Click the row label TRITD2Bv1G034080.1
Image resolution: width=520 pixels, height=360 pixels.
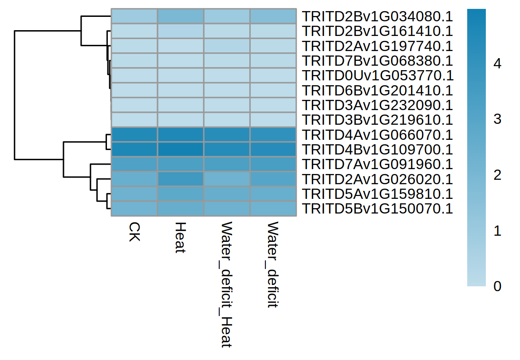(x=377, y=17)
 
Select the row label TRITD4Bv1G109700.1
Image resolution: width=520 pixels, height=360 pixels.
(x=377, y=149)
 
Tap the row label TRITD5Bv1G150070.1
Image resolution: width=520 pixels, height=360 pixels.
(x=377, y=208)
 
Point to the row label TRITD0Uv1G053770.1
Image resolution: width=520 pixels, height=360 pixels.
(x=377, y=75)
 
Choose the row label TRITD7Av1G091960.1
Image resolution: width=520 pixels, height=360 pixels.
(x=377, y=164)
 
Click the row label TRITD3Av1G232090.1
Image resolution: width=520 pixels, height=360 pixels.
(x=377, y=105)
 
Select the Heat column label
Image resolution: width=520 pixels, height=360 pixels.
(x=180, y=237)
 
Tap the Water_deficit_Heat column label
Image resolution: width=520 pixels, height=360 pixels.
(x=227, y=284)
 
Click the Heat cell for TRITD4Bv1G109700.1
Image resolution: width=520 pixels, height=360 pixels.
(x=180, y=149)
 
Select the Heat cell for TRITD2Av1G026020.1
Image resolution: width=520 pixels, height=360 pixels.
(x=180, y=179)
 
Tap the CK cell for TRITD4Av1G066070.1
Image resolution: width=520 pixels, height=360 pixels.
(x=134, y=135)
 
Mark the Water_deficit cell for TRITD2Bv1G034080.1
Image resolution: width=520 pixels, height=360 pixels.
(x=273, y=16)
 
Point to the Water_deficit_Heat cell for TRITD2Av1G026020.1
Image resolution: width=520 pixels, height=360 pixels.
(x=227, y=179)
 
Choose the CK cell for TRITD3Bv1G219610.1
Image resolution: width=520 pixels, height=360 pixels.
(x=134, y=120)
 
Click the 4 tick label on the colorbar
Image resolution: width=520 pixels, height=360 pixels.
(x=497, y=64)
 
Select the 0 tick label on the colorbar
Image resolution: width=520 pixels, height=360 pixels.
(x=497, y=286)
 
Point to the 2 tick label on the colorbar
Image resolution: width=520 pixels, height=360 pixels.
(x=497, y=175)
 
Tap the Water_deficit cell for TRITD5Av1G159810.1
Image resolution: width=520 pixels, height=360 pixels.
(x=273, y=194)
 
